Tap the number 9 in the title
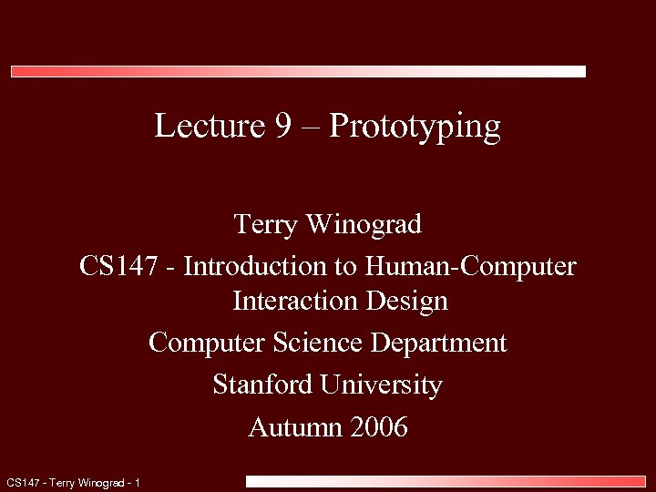point(283,126)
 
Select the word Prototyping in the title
point(415,127)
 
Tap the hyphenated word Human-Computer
point(471,267)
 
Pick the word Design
point(405,301)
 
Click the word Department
point(438,343)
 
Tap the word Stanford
point(263,384)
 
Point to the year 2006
point(376,426)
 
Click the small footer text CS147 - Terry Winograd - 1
point(73,482)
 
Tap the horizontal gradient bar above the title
point(298,71)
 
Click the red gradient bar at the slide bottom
point(446,480)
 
